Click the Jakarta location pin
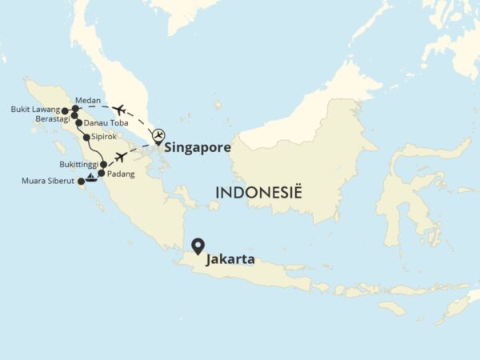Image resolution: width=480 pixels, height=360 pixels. click(196, 247)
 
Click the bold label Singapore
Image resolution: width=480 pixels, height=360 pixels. click(198, 148)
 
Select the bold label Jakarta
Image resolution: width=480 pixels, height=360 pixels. click(230, 259)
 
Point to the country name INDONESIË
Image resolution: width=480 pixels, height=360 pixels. click(254, 193)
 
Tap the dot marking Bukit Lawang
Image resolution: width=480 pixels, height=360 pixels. click(65, 110)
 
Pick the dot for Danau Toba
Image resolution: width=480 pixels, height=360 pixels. click(78, 124)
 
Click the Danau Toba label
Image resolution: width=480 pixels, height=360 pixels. click(106, 124)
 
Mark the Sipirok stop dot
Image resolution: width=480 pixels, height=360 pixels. click(86, 138)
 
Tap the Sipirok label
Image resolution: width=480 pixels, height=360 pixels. click(105, 138)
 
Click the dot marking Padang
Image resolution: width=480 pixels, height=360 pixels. click(102, 173)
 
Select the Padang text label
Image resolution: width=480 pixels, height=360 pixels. click(120, 174)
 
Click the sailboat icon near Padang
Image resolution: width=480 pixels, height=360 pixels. click(91, 177)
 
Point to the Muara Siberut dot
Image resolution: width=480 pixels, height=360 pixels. click(81, 182)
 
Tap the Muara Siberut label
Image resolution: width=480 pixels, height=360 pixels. click(50, 182)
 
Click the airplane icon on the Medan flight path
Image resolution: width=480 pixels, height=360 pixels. click(120, 110)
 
